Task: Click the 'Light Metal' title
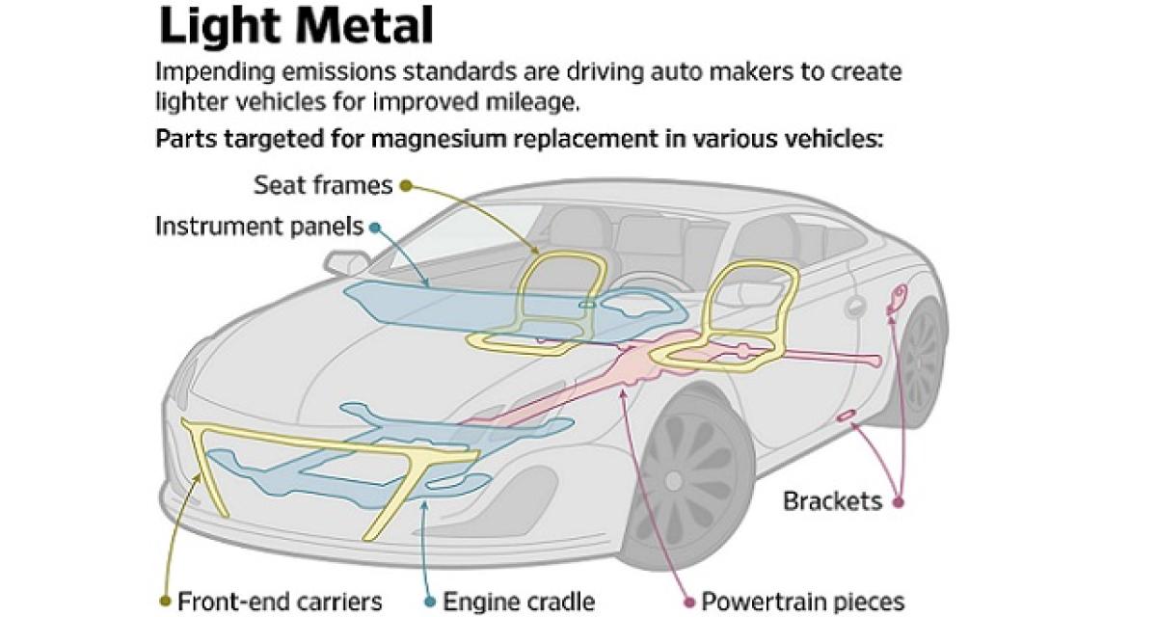[x=296, y=28]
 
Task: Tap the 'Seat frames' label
[x=322, y=183]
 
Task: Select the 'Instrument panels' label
[x=259, y=228]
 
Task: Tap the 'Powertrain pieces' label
[x=802, y=602]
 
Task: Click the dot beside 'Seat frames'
[x=406, y=184]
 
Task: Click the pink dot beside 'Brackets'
[x=899, y=501]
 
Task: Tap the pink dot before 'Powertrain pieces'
[x=688, y=602]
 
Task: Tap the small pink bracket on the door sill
[x=848, y=416]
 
